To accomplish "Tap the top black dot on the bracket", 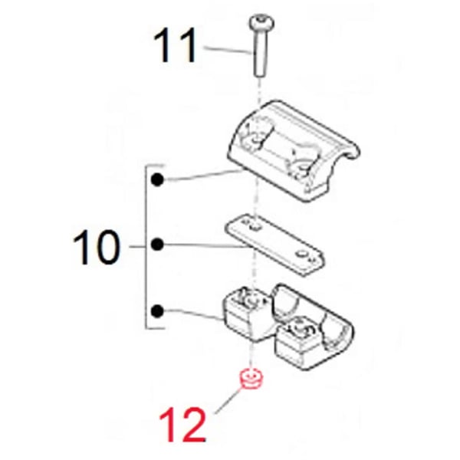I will [x=157, y=181].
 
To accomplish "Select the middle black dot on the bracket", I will [x=157, y=245].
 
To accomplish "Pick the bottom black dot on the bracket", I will [x=157, y=311].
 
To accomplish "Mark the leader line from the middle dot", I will [x=203, y=247].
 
